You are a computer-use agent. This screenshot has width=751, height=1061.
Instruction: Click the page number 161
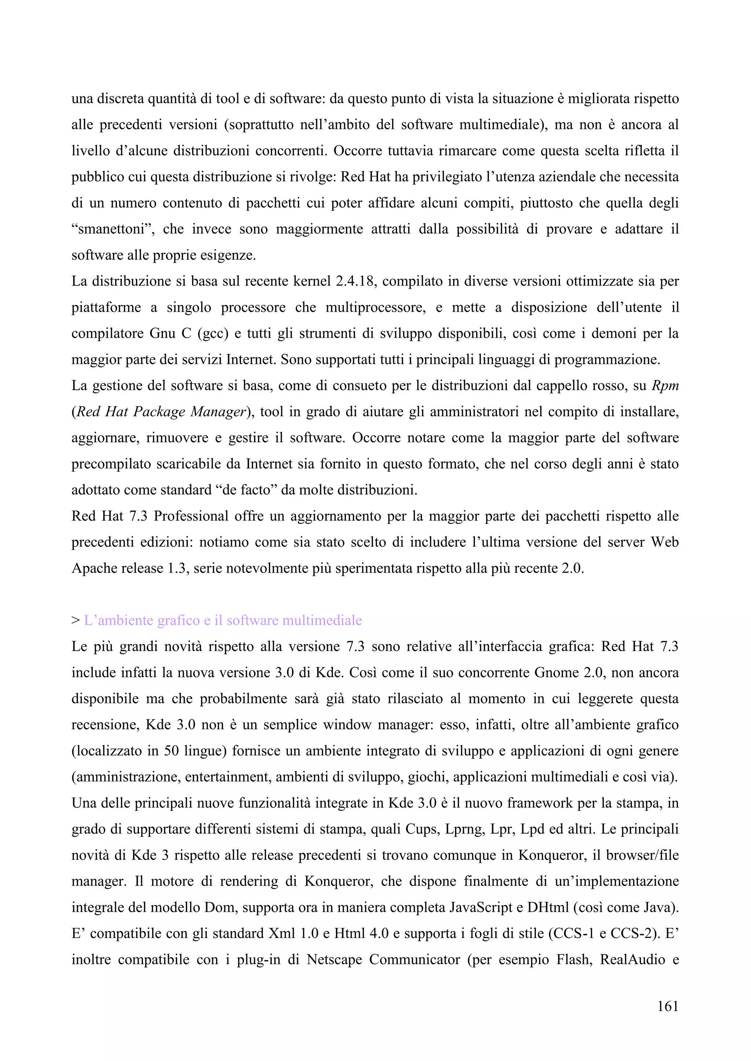667,1006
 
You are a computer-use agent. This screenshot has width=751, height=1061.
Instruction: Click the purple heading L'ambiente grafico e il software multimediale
223,620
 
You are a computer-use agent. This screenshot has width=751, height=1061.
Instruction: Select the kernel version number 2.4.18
354,281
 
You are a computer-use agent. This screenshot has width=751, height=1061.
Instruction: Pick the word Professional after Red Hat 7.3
191,516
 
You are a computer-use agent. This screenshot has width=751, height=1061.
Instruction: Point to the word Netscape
333,960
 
